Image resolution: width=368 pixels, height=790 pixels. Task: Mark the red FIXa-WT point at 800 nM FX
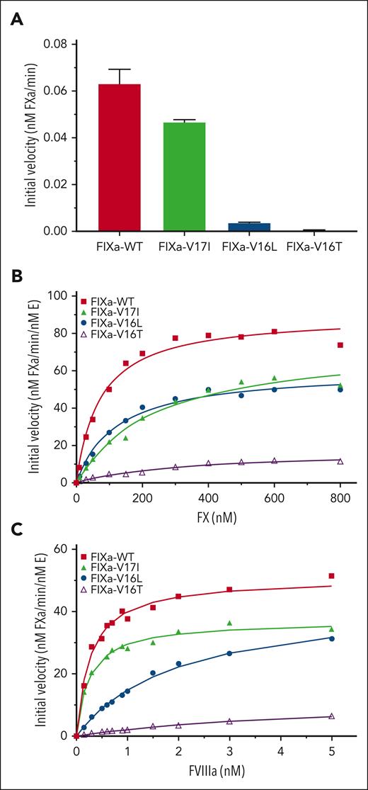pyautogui.click(x=340, y=345)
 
